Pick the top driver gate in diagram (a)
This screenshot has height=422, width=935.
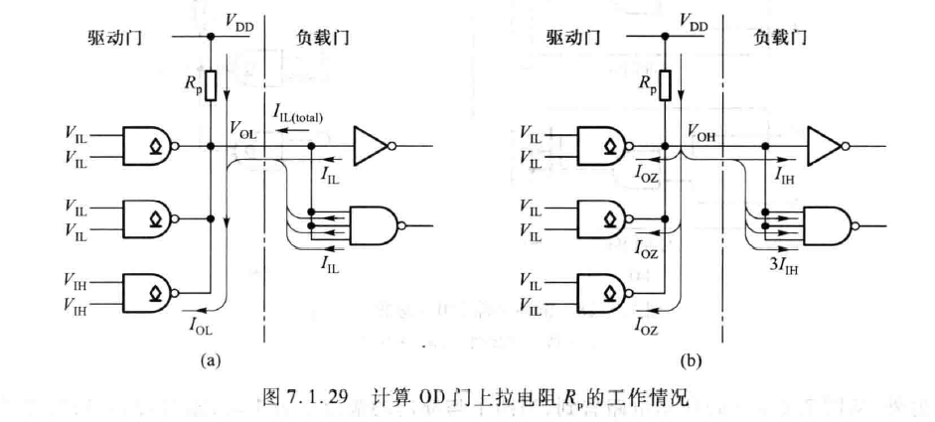point(148,146)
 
